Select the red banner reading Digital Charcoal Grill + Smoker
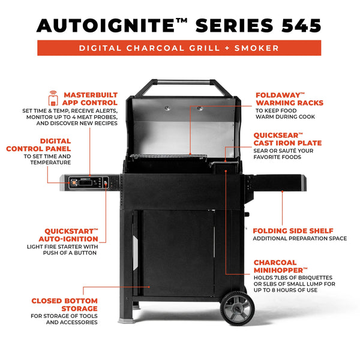tap(179, 48)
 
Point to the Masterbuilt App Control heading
tap(91, 99)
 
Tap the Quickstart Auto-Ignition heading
tap(71, 235)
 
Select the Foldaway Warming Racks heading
tap(289, 99)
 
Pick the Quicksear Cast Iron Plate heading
tap(287, 139)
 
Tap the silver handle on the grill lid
tap(179, 83)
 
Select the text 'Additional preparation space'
tap(299, 239)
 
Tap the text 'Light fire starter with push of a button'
tap(70, 250)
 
